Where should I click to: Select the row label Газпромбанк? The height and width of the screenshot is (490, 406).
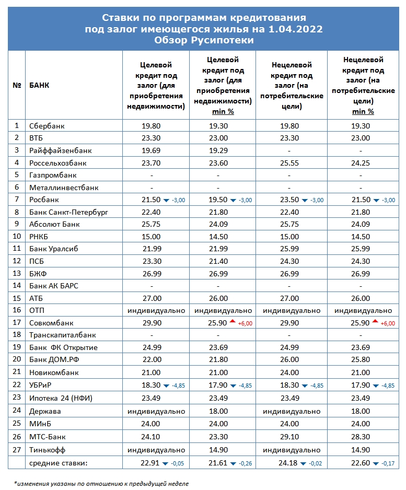54,175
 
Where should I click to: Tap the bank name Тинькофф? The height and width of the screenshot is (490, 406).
48,450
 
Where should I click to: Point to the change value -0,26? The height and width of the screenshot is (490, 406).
246,463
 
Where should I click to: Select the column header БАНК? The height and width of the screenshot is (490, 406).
40,86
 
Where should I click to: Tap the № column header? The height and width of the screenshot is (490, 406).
17,86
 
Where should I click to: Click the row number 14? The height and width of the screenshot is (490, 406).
17,286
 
